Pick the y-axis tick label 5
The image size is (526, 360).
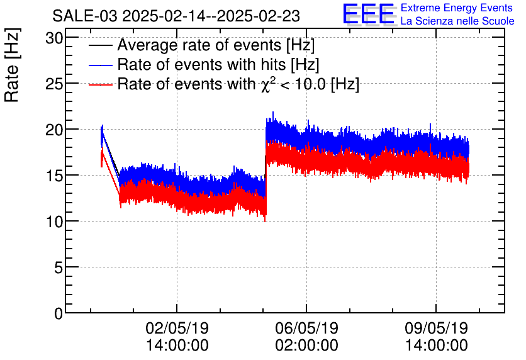coord(59,267)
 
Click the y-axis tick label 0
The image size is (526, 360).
coord(59,313)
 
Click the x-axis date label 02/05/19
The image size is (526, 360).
coord(177,329)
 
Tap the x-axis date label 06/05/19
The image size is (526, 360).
coord(306,329)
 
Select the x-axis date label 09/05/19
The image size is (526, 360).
coord(436,329)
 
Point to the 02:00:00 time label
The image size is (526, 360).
coord(306,346)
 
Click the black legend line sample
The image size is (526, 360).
coord(101,46)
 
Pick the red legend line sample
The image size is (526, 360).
coord(101,84)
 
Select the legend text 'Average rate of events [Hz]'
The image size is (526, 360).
coord(216,46)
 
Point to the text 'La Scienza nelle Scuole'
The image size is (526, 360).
coord(457,21)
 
